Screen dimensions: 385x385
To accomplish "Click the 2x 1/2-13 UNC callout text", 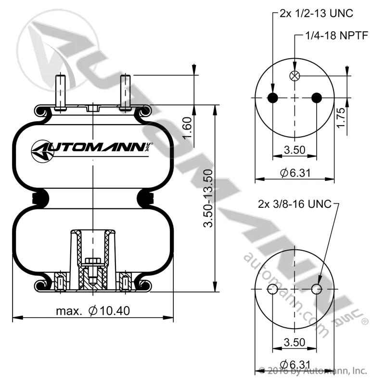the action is [x=316, y=13].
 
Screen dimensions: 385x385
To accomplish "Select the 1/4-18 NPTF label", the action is [x=336, y=36].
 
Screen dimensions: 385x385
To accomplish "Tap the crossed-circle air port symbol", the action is [x=295, y=76].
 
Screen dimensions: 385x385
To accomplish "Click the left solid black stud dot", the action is [x=273, y=98].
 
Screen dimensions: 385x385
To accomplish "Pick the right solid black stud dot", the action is [x=317, y=98].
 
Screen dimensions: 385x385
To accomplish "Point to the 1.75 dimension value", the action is [x=341, y=118].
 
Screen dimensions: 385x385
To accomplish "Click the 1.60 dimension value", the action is [x=187, y=128].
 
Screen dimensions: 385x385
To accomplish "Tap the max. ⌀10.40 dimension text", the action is [x=93, y=311].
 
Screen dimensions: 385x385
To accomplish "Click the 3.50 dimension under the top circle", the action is [x=295, y=150].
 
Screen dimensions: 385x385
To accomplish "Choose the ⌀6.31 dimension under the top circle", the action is [x=295, y=173].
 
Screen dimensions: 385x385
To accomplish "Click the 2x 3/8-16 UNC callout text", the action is [x=295, y=204].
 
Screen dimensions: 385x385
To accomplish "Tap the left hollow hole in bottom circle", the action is [x=272, y=289].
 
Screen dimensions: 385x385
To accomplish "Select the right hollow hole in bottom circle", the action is [x=317, y=289].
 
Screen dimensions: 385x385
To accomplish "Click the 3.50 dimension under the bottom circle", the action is [x=295, y=342].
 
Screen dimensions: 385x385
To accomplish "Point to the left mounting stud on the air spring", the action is [x=61, y=92].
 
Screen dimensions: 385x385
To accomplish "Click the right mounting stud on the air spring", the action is [x=125, y=92].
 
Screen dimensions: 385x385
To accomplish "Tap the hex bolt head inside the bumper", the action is [x=93, y=261].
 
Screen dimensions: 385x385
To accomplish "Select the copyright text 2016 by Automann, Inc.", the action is [x=313, y=371].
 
